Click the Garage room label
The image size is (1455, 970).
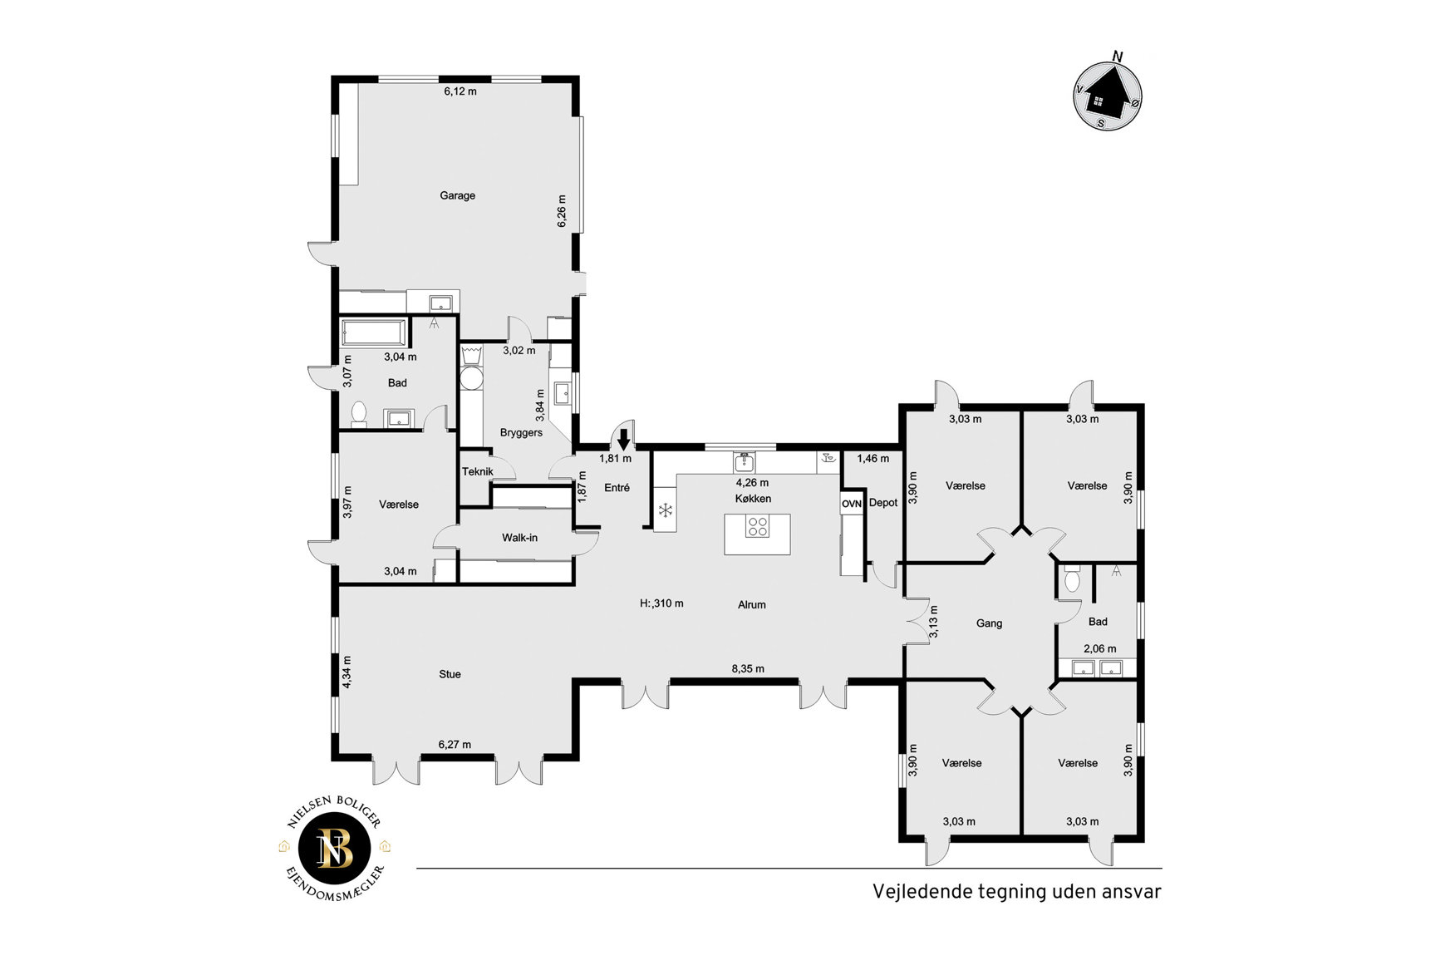pyautogui.click(x=457, y=195)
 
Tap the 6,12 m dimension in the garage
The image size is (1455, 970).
pyautogui.click(x=460, y=91)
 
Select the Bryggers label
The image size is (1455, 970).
pyautogui.click(x=521, y=433)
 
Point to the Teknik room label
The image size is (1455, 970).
pyautogui.click(x=478, y=471)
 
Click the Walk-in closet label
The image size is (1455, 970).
pyautogui.click(x=519, y=538)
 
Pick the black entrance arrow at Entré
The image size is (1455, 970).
pyautogui.click(x=623, y=439)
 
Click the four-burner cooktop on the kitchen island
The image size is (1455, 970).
pyautogui.click(x=756, y=526)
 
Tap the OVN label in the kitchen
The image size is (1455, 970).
pyautogui.click(x=852, y=504)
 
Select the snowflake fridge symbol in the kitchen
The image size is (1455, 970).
pyautogui.click(x=665, y=510)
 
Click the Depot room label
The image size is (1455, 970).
pyautogui.click(x=883, y=503)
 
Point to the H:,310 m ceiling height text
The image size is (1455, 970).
pyautogui.click(x=661, y=603)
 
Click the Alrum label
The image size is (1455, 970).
pyautogui.click(x=752, y=604)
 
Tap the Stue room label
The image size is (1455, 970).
pyautogui.click(x=450, y=674)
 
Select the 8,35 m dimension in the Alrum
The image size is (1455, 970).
pyautogui.click(x=748, y=668)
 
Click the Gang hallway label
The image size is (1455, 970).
pyautogui.click(x=989, y=623)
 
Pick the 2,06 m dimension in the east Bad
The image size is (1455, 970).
pyautogui.click(x=1099, y=649)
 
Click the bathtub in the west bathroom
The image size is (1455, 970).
pyautogui.click(x=375, y=333)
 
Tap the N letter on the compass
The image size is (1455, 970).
pyautogui.click(x=1118, y=57)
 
